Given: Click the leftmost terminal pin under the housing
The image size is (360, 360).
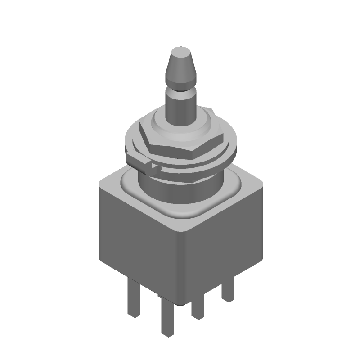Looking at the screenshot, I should tap(133, 299).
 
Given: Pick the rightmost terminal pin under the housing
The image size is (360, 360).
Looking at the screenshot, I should tap(228, 290).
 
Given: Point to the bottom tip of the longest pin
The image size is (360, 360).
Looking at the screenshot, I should tap(167, 334).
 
